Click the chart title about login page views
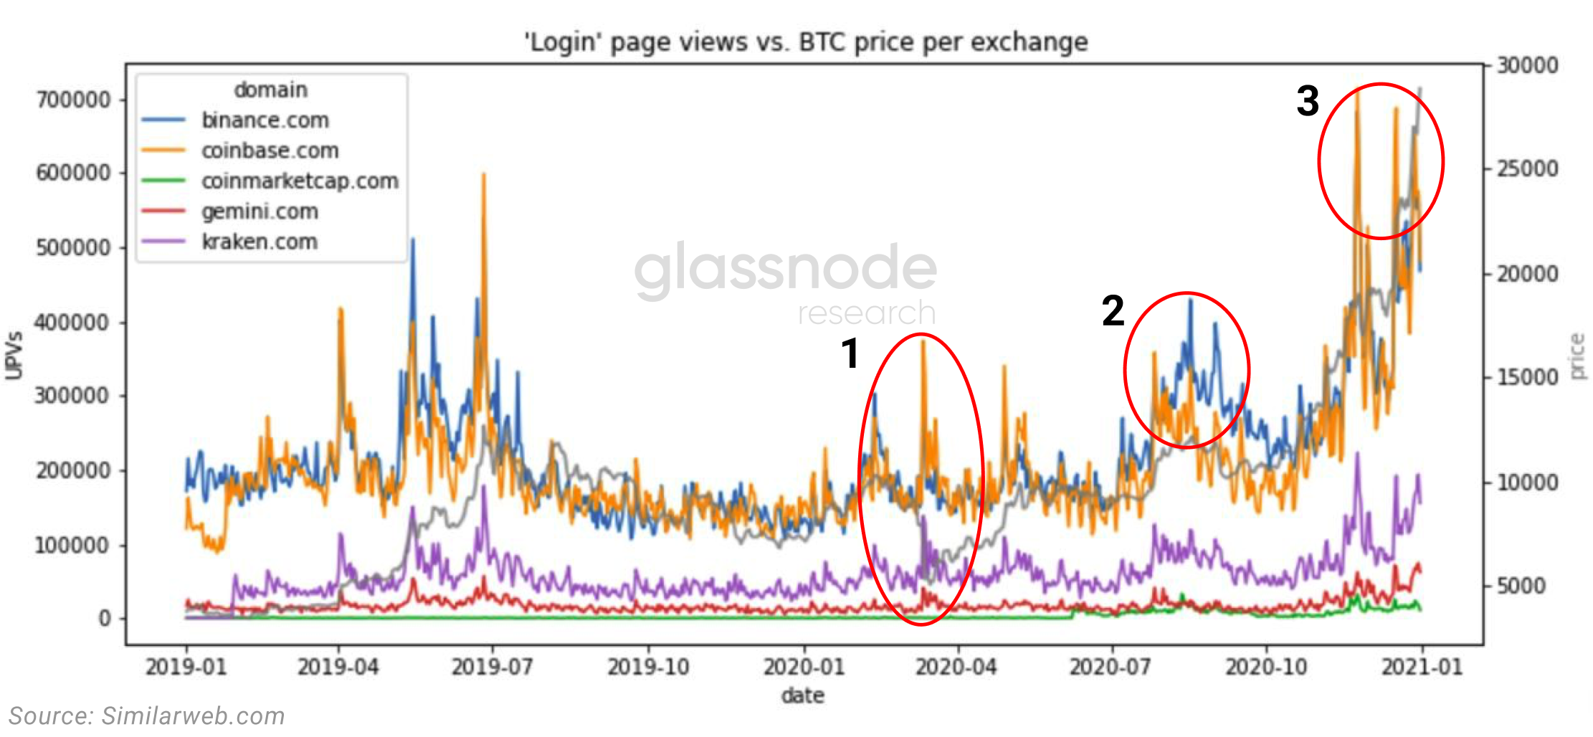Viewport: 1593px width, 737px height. [x=806, y=42]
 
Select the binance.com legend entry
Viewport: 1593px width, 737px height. [x=265, y=120]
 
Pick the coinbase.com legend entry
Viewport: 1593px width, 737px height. [x=270, y=151]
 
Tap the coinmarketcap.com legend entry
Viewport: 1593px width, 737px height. [x=299, y=181]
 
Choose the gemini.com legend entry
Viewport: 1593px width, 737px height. [x=260, y=211]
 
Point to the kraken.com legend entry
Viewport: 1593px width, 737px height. [x=260, y=242]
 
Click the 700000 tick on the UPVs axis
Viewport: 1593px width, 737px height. [x=74, y=99]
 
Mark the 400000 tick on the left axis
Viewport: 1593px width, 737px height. [x=74, y=322]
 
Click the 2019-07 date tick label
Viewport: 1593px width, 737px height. [x=493, y=667]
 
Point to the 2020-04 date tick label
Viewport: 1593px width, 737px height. [x=956, y=667]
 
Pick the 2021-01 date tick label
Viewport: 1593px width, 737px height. [x=1422, y=667]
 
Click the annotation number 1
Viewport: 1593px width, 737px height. [x=850, y=353]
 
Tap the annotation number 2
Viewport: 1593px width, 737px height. [x=1113, y=310]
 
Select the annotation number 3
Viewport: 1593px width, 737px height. [x=1308, y=101]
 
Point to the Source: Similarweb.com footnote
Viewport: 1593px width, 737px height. [x=147, y=715]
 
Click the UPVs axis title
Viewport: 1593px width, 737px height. [x=14, y=355]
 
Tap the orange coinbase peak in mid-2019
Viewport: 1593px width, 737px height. [x=484, y=175]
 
